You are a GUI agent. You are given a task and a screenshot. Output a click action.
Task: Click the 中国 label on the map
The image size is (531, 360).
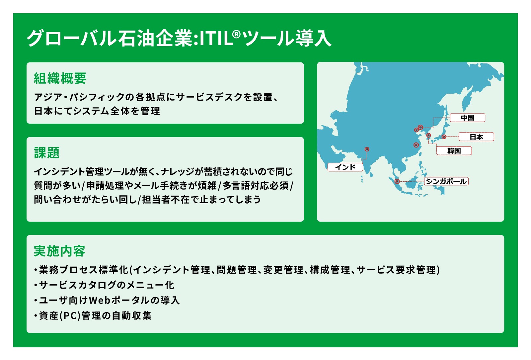(x=468, y=118)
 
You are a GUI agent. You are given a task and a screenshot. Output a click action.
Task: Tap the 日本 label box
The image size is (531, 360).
(x=476, y=137)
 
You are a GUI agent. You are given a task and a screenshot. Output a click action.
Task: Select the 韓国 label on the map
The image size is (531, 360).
(x=454, y=150)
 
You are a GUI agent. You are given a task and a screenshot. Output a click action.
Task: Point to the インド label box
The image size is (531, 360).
(x=345, y=167)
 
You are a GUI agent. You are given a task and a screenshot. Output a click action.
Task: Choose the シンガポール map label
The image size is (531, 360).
(x=446, y=181)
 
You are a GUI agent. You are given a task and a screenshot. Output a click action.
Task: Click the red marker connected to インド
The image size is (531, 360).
(x=367, y=149)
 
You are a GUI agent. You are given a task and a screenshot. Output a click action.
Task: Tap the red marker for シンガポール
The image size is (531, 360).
(x=397, y=181)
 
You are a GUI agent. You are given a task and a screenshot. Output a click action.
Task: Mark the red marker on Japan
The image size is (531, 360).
(x=444, y=137)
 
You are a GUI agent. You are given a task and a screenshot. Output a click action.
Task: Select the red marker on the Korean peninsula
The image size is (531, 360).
(x=428, y=135)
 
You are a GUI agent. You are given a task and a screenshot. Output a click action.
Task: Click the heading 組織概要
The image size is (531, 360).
(x=60, y=78)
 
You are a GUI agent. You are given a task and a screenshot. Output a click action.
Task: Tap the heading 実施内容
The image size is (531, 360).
(x=59, y=251)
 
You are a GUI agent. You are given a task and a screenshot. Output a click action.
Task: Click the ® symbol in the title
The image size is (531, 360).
(x=236, y=35)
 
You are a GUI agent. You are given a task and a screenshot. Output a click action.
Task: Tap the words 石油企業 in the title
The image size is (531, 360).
(x=156, y=38)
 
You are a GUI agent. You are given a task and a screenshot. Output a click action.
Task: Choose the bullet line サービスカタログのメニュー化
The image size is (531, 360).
(x=107, y=285)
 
